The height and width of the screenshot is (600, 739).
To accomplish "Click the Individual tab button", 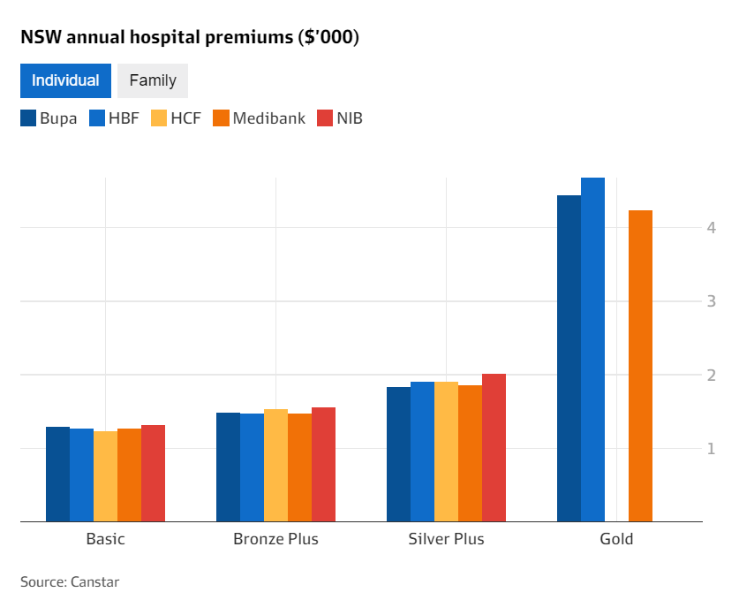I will tap(65, 80).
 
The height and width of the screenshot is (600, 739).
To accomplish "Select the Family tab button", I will tap(153, 80).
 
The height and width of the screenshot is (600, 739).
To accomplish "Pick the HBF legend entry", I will tap(114, 118).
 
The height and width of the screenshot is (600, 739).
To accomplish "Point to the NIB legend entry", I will tap(339, 118).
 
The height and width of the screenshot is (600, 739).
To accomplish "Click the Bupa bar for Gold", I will tap(569, 358).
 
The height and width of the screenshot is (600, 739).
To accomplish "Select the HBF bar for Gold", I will tap(592, 349).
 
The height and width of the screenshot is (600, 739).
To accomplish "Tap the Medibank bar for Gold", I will tap(640, 366).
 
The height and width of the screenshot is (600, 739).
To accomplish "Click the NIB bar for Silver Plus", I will tap(494, 448).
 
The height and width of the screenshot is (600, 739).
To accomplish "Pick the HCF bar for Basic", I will tap(105, 476).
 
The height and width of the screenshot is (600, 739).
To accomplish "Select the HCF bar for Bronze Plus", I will tap(275, 466).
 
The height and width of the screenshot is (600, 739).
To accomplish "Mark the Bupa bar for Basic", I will tap(57, 475).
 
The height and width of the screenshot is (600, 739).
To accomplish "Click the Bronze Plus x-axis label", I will tap(275, 539).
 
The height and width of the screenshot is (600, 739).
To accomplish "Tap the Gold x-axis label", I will tap(616, 539).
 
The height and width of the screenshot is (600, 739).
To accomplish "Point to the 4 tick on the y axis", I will tap(710, 228).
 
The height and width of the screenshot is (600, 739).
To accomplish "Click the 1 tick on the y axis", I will tap(710, 449).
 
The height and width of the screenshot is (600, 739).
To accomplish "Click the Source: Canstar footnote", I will tap(70, 581).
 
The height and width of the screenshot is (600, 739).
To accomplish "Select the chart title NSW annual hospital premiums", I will tap(189, 38).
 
